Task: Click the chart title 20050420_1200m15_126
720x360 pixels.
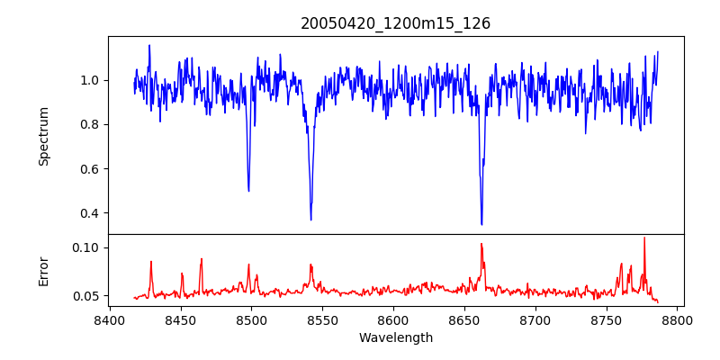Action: [395, 23]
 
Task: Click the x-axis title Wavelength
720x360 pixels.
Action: [395, 337]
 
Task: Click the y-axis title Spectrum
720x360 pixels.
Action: [43, 136]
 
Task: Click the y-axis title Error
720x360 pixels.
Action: [43, 270]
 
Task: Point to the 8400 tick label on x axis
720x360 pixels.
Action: [109, 320]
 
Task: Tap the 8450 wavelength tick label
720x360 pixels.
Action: [180, 320]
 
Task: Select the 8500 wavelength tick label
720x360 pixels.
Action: [251, 320]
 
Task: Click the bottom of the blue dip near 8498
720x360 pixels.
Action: [248, 191]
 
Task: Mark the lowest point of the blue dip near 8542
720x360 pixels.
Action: [311, 220]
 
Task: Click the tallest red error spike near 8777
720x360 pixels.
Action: [644, 238]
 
